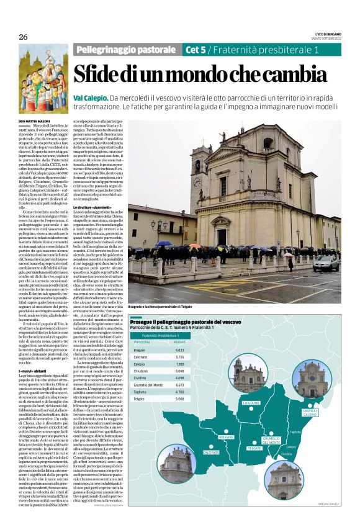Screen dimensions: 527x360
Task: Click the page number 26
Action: coord(23,37)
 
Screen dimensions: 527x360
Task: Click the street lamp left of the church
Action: coord(160,225)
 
